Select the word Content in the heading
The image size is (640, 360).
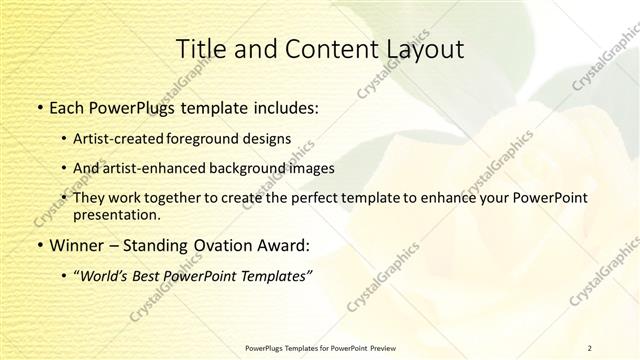click(x=312, y=49)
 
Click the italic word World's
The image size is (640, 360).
click(x=108, y=276)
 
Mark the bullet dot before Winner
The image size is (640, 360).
click(x=39, y=245)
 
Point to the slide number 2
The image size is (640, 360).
click(x=590, y=347)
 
